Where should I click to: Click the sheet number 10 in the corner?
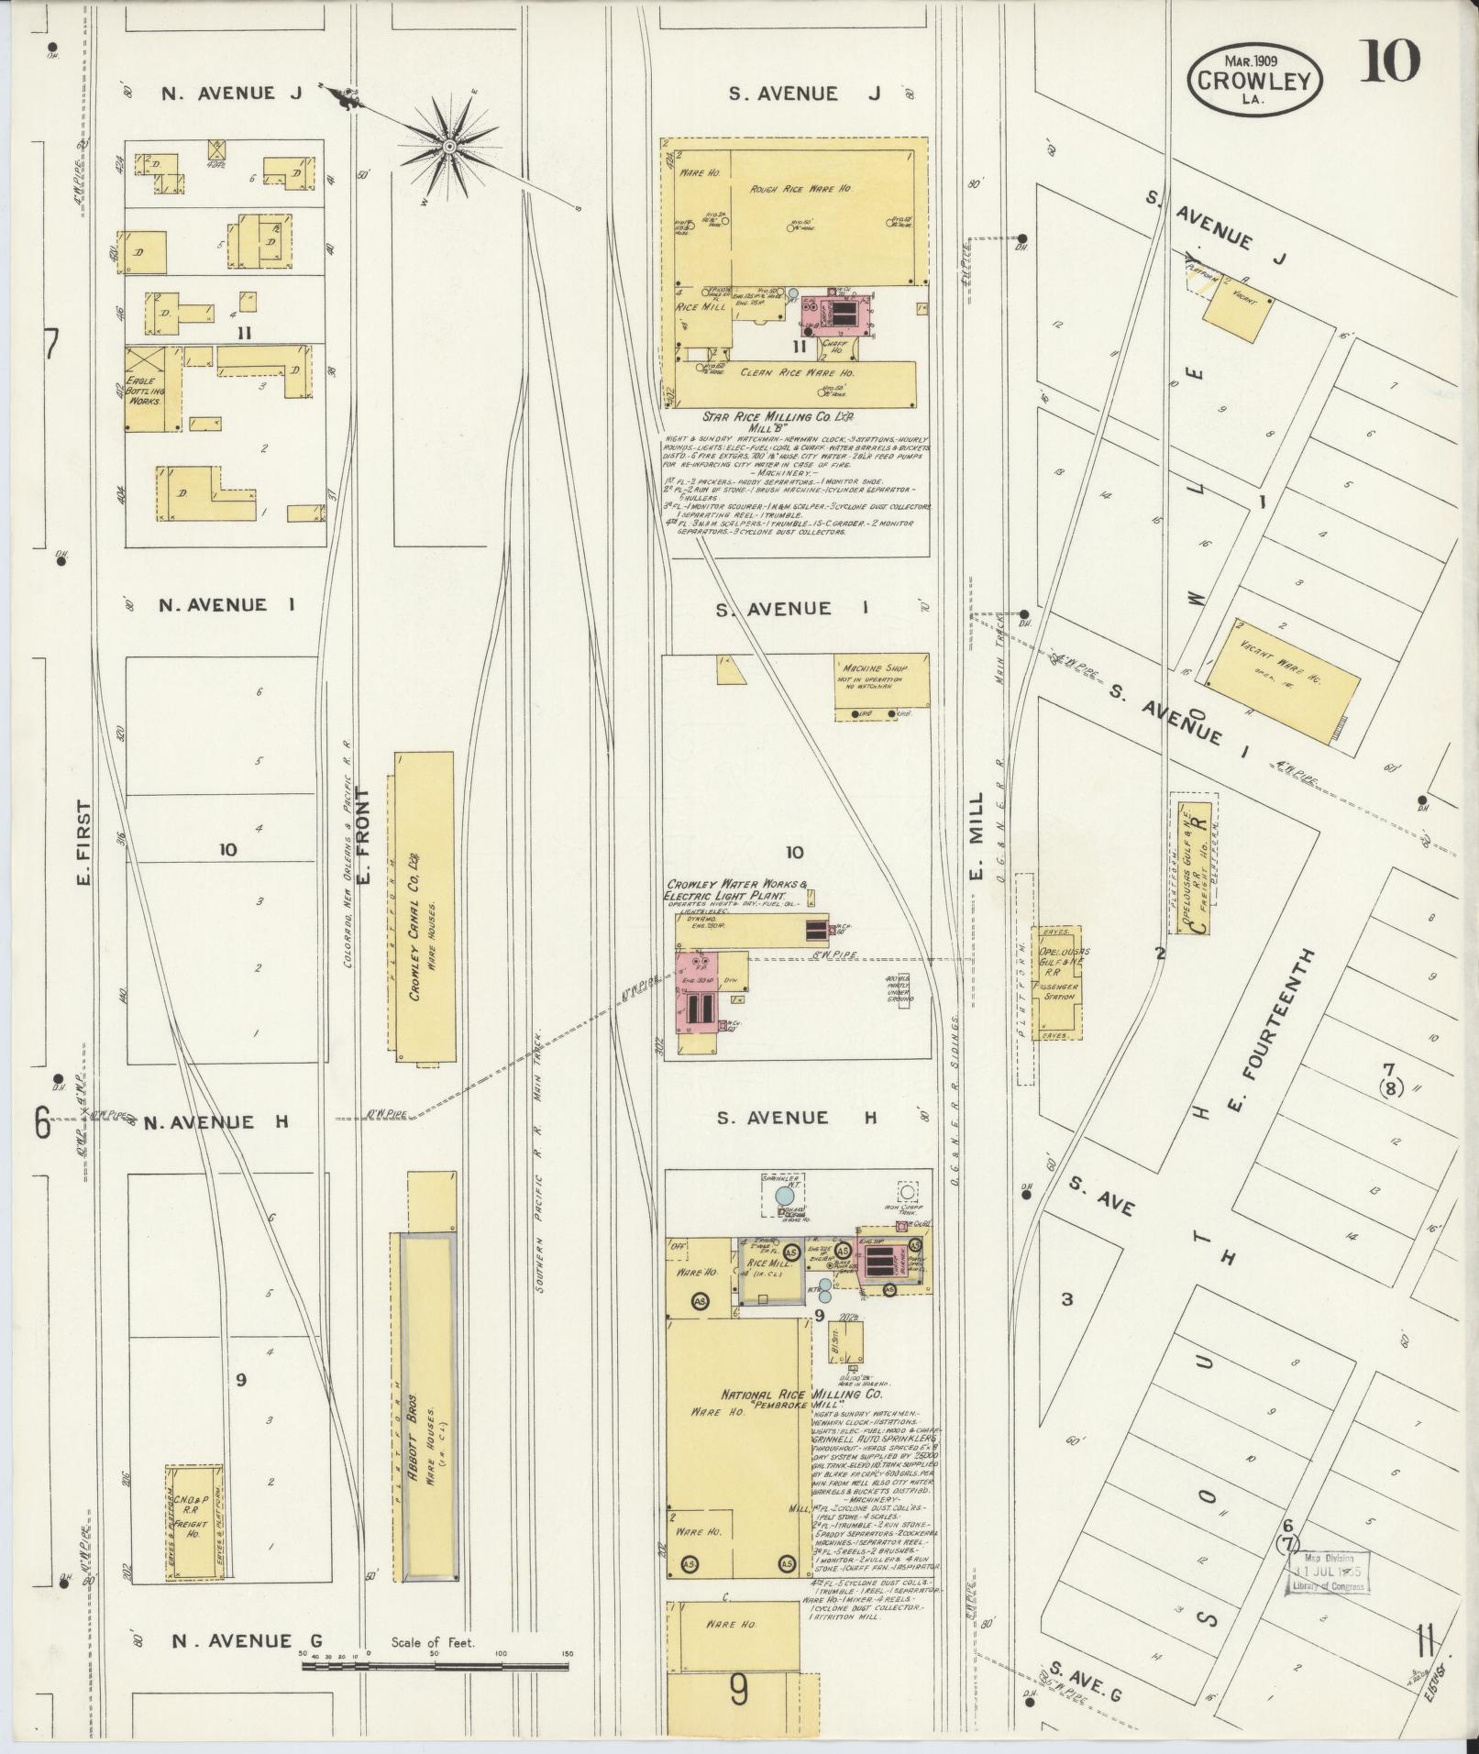(x=1390, y=63)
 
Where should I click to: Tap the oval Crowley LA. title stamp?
(x=1255, y=82)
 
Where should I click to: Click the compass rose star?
(x=449, y=148)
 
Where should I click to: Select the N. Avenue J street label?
(x=218, y=93)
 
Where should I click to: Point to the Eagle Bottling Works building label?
(x=144, y=391)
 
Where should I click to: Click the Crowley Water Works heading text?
(x=738, y=889)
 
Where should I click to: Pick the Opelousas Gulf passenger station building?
(x=1058, y=982)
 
